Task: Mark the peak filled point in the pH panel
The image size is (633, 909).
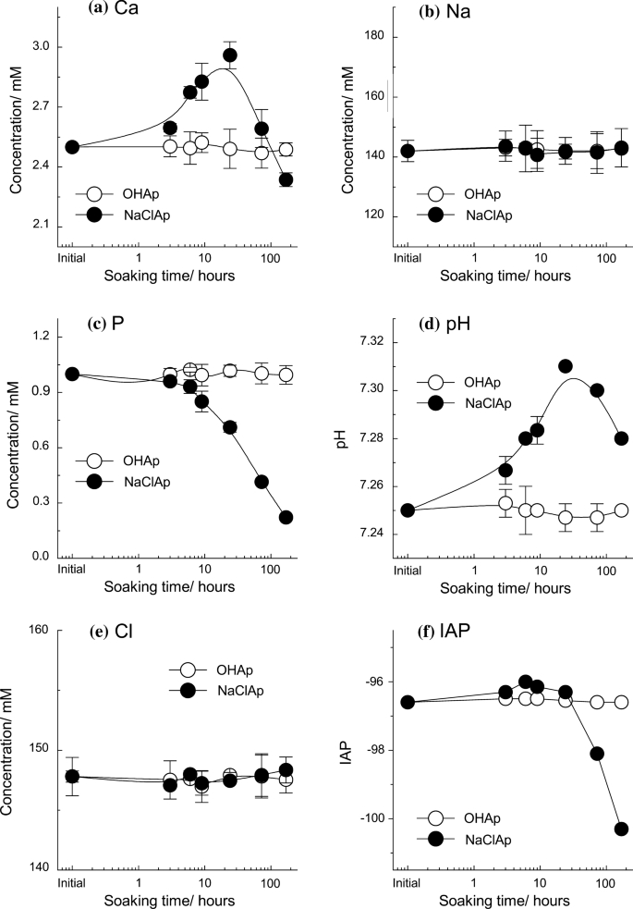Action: click(x=566, y=366)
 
